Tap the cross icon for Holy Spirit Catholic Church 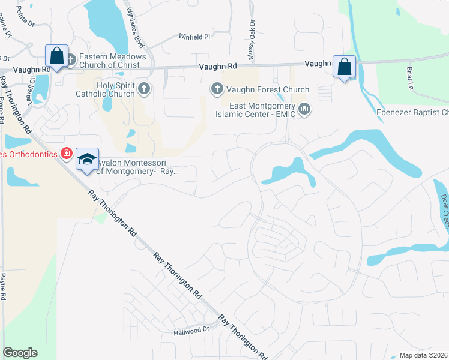click(x=143, y=89)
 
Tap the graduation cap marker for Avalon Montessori click(x=87, y=159)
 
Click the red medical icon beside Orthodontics click(x=67, y=154)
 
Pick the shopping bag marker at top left click(x=56, y=56)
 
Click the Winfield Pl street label click(x=194, y=37)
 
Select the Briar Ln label click(x=412, y=77)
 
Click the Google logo click(x=20, y=353)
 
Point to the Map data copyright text click(x=424, y=355)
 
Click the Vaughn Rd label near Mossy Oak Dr click(x=224, y=68)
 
